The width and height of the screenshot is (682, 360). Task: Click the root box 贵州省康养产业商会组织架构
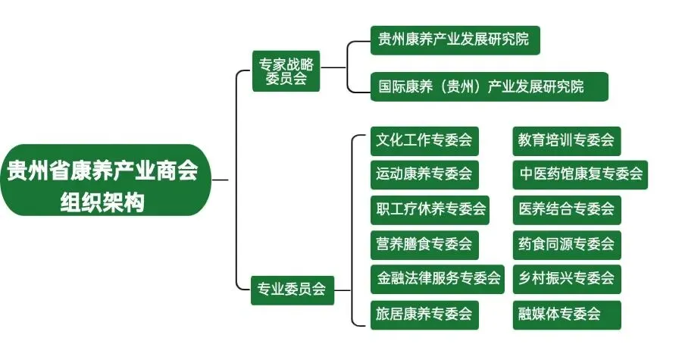tap(104, 180)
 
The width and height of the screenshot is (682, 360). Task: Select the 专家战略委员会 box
tap(286, 70)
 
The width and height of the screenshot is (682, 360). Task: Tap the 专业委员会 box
tap(292, 289)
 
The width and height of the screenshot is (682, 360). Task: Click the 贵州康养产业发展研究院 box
tap(455, 40)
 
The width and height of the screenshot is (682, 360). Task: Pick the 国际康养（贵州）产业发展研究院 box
tap(488, 86)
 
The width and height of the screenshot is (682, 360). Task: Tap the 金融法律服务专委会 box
tap(439, 278)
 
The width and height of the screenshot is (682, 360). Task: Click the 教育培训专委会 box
tap(566, 140)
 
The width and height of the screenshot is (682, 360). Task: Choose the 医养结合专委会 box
tap(566, 208)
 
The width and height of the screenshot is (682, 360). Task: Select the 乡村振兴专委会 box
tap(566, 278)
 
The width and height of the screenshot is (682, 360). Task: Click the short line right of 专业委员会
tap(342, 289)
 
